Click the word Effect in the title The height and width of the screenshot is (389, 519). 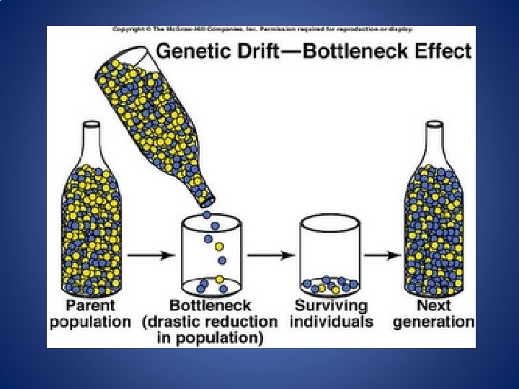point(445,52)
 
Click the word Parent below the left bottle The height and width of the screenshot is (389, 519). point(90,305)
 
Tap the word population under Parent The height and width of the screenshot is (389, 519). point(90,321)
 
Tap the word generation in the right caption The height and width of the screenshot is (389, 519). point(433,321)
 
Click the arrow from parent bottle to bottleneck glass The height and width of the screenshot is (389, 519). point(151,256)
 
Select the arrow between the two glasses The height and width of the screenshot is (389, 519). point(272,256)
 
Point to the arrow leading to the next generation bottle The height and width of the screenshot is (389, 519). point(382,256)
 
